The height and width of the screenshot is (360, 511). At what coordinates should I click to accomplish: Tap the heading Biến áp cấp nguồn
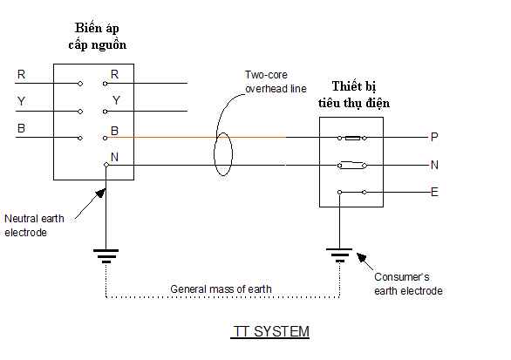point(97,36)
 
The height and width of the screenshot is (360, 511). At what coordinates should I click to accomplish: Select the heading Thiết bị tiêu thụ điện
point(354,94)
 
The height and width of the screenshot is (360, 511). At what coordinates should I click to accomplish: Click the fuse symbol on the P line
point(352,138)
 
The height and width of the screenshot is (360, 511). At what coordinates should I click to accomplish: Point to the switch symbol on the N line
point(352,165)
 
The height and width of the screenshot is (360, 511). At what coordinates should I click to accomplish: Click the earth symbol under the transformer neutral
point(106,256)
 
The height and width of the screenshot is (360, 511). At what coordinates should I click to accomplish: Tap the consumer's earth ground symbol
point(339,255)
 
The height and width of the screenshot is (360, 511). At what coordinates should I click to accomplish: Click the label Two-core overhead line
point(276,82)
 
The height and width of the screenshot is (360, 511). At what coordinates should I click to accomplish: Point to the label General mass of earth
point(221,289)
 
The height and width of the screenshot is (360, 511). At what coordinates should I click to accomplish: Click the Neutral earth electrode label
point(34,225)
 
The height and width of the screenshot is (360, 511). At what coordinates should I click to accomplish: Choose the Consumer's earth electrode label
point(408,284)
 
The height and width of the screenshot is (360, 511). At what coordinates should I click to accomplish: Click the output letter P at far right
point(434,137)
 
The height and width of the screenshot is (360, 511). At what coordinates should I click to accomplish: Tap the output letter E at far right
point(434,192)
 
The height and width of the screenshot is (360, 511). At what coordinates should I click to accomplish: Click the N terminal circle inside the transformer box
point(106,165)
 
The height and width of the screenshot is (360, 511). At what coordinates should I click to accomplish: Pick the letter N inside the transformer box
point(114,157)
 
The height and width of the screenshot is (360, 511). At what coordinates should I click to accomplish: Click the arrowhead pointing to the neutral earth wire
point(100,193)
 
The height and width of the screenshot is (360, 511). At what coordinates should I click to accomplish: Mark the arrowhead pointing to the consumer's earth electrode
point(361,257)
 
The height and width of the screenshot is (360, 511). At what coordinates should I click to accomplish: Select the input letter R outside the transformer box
point(21,74)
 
